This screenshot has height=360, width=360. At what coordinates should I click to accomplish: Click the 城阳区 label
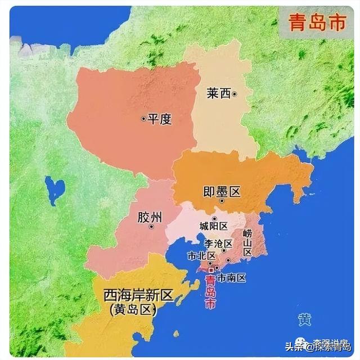(x=214, y=226)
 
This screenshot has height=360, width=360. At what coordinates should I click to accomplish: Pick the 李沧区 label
(x=217, y=243)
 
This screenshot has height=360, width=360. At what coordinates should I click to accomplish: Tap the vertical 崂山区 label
(x=247, y=242)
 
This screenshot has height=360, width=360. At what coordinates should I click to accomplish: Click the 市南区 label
(x=232, y=277)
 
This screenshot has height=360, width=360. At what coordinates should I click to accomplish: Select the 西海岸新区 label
(x=138, y=296)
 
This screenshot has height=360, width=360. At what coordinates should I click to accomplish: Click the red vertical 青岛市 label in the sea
(x=210, y=293)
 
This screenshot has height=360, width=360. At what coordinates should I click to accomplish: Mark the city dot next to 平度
(x=143, y=119)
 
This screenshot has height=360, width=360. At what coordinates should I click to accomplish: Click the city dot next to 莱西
(x=235, y=94)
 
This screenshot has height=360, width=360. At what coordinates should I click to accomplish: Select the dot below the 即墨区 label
(x=222, y=201)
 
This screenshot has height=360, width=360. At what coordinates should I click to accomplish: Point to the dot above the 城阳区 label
(x=214, y=218)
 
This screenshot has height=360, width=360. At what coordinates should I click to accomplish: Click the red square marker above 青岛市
(x=211, y=270)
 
